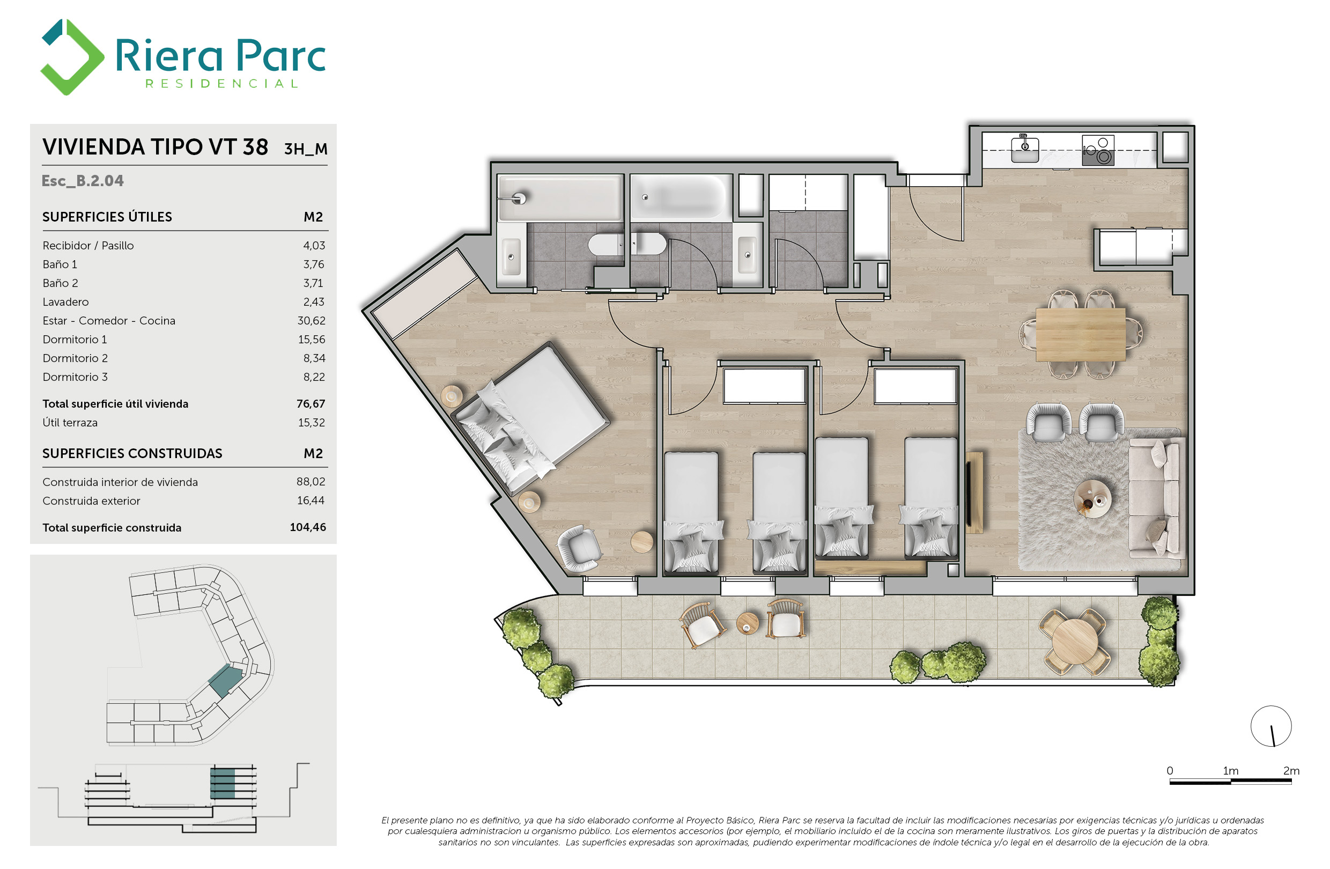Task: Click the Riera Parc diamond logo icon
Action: click(x=72, y=57)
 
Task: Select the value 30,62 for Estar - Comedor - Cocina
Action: click(x=311, y=321)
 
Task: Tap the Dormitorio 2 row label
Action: click(x=75, y=358)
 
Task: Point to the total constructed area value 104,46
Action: click(x=308, y=527)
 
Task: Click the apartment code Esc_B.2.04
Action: click(x=83, y=181)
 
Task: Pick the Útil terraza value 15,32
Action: click(x=311, y=423)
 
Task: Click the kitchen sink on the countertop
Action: click(x=1025, y=149)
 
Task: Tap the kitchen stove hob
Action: click(x=1098, y=150)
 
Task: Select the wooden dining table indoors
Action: click(x=1081, y=335)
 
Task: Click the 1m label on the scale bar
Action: click(x=1231, y=771)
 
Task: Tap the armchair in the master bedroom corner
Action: click(x=580, y=547)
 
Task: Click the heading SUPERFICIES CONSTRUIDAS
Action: click(x=132, y=453)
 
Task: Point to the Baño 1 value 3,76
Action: click(x=314, y=264)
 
